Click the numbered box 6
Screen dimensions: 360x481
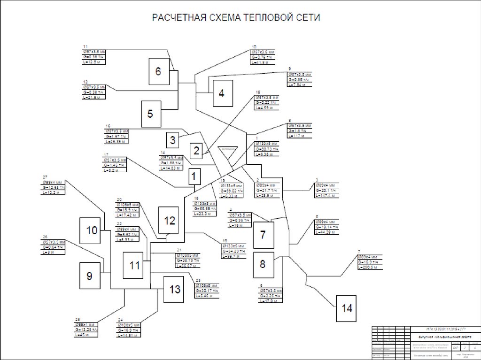point(158,72)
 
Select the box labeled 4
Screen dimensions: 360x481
point(221,93)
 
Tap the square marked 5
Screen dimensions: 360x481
point(150,114)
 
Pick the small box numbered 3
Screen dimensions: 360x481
point(173,139)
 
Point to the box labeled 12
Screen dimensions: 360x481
point(169,221)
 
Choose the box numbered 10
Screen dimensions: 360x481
point(92,230)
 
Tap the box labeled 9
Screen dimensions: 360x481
point(89,276)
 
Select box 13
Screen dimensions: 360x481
point(175,290)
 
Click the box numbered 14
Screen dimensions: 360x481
point(347,308)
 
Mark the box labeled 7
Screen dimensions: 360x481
point(263,234)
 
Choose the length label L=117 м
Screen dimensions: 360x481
point(297,136)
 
